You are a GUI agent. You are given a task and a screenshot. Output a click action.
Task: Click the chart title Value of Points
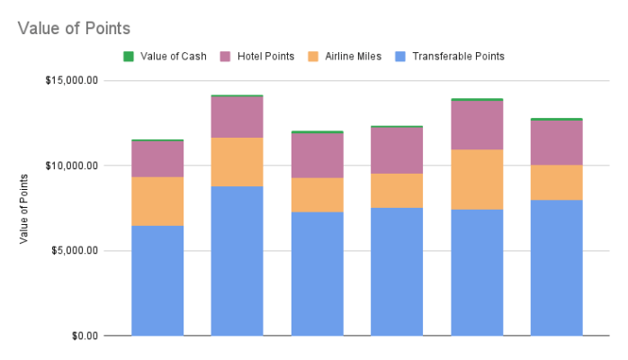pos(74,28)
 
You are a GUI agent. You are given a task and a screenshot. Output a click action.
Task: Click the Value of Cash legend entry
pos(174,56)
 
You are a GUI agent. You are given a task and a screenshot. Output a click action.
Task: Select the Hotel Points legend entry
pos(265,56)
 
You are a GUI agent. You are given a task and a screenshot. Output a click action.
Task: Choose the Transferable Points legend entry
pos(458,56)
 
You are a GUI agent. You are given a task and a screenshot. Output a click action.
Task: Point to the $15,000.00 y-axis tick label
pos(72,80)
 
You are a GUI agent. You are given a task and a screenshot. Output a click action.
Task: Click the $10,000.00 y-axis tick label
pos(72,166)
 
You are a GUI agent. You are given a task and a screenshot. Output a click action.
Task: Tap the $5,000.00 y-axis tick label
pos(75,250)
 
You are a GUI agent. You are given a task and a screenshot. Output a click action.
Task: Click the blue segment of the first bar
pos(157,280)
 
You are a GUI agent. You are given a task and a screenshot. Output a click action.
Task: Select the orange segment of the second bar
pos(237,162)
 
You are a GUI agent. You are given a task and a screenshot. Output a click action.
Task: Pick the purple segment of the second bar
pos(237,117)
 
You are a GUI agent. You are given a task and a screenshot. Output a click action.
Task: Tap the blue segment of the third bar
pos(317,274)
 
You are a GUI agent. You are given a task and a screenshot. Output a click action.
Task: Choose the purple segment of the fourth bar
pos(397,150)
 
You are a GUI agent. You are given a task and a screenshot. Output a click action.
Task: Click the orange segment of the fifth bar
pos(477,179)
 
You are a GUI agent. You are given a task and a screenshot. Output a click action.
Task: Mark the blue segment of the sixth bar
pos(556,267)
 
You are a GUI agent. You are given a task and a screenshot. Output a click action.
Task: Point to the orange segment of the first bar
pos(157,201)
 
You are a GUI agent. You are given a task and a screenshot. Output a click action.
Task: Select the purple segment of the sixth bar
pos(556,142)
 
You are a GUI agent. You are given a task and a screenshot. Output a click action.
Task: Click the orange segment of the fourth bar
pos(397,191)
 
